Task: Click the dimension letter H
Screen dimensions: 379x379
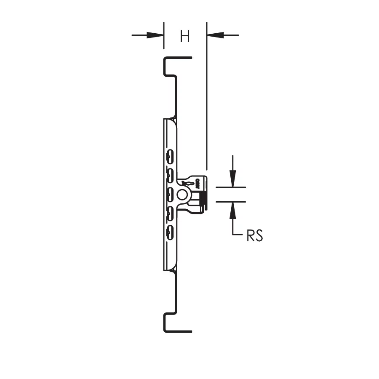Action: [x=185, y=36]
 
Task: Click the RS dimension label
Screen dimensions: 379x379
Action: [x=255, y=235]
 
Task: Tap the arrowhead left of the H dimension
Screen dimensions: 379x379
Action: [x=155, y=35]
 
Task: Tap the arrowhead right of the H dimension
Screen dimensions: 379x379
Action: [x=215, y=35]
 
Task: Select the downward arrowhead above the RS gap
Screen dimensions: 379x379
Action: [x=233, y=179]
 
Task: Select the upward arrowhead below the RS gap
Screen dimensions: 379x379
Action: [x=233, y=210]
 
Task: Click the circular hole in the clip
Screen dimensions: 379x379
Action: [x=182, y=195]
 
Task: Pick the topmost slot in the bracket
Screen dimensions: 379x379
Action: [x=170, y=157]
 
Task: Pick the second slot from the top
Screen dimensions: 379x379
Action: [x=170, y=176]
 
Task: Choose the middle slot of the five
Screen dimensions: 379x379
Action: [x=170, y=195]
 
